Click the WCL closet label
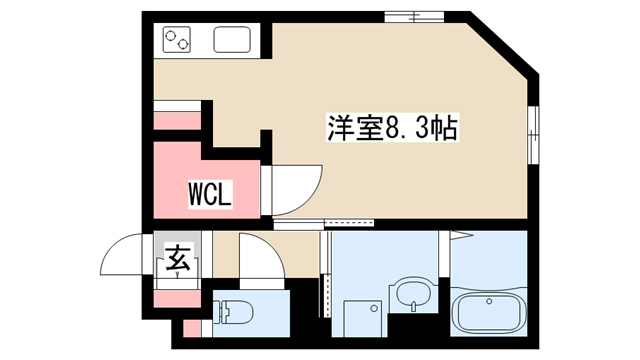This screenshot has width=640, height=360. coord(210,194)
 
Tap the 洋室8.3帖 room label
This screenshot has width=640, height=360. coord(393,127)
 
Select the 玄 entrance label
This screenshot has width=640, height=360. coord(178,259)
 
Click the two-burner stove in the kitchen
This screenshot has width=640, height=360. coord(177,40)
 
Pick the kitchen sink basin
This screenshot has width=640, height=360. coord(232,40)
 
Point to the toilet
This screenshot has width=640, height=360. coord(233,313)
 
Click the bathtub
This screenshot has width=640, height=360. coord(489,313)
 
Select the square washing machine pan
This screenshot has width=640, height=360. coord(363,319)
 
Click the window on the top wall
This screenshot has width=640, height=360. coord(414,17)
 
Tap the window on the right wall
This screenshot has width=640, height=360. coord(533,135)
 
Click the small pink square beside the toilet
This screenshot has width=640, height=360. coord(192,329)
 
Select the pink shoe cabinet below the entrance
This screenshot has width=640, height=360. coord(178,299)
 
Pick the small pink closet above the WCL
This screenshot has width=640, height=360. coord(178,121)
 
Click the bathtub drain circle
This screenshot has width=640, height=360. coord(489,302)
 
